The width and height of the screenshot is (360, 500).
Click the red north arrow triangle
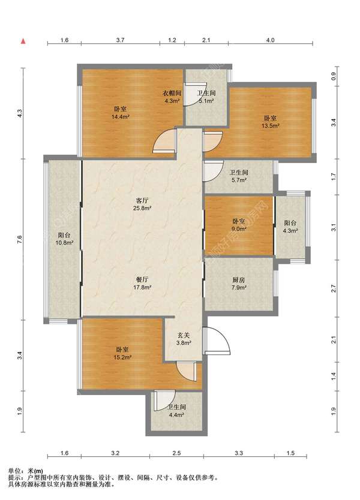23,41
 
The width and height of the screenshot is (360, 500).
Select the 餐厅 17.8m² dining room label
143,283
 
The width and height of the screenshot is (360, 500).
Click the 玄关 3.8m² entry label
184,339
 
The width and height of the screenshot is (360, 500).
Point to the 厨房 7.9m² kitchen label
239,284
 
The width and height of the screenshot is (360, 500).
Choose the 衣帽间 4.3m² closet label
172,97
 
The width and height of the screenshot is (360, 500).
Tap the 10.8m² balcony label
64,239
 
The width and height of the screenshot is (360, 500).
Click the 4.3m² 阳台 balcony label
290,227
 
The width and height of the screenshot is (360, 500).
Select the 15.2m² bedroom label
122,353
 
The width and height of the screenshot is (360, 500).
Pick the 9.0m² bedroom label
238,225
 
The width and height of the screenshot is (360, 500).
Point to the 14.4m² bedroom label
120,113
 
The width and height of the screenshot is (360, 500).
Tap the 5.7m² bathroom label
239,176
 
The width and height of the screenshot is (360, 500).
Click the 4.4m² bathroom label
176,411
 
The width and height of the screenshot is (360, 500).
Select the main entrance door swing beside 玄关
217,341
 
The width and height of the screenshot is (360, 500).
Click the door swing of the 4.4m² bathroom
164,400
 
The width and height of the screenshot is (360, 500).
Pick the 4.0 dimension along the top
271,40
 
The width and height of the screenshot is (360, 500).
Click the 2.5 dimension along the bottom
176,453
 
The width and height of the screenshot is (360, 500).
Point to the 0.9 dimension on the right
334,77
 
